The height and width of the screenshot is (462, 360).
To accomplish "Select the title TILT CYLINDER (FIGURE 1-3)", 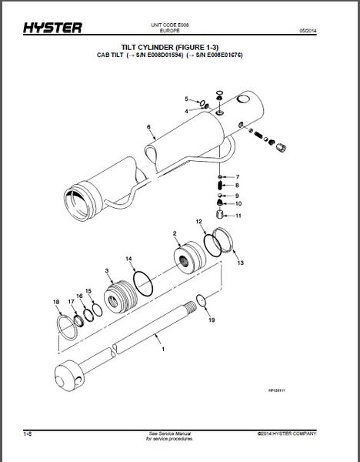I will (x=180, y=49).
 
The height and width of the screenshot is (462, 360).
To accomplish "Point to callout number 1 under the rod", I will (x=162, y=350).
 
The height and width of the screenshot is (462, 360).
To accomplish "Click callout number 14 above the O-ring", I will (x=129, y=258).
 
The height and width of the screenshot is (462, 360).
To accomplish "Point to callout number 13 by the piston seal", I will (x=240, y=263).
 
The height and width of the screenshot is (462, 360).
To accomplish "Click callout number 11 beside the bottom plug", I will (x=238, y=216).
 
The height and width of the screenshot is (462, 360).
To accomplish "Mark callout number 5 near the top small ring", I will (x=185, y=99).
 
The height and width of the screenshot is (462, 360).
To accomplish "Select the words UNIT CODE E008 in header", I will (x=180, y=26).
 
